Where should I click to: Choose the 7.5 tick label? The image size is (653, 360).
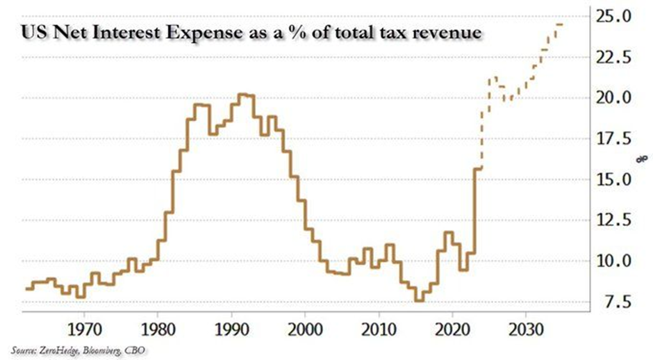pyautogui.click(x=615, y=303)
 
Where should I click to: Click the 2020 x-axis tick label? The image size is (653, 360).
pyautogui.click(x=452, y=327)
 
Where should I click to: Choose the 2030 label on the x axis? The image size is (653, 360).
pyautogui.click(x=526, y=327)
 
